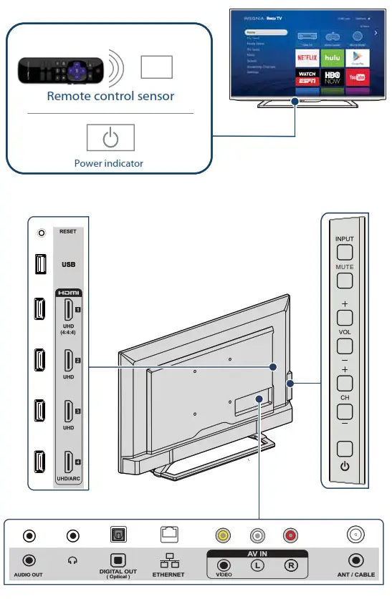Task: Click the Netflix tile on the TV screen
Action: tap(307, 57)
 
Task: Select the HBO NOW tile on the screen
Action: tap(332, 76)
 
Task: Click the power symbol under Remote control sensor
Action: tap(110, 138)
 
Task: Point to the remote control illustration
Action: tap(61, 70)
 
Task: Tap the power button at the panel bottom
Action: tap(345, 450)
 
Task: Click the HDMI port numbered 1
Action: tap(68, 310)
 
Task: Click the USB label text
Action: tap(68, 264)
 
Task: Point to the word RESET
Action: tap(68, 232)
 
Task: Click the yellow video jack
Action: tap(224, 535)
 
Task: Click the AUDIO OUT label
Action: tap(29, 575)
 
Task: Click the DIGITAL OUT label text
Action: tap(118, 572)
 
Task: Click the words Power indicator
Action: tap(109, 163)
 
